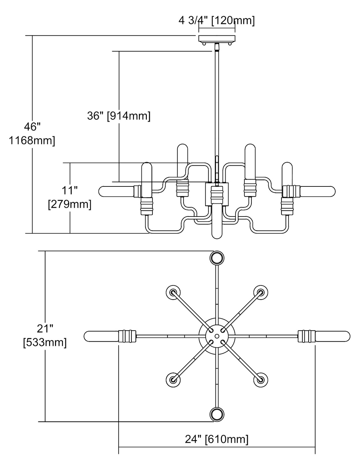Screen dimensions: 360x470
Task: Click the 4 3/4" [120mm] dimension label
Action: click(x=217, y=21)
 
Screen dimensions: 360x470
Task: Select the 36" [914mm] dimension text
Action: click(x=119, y=116)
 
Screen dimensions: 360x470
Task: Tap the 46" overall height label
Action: click(x=32, y=127)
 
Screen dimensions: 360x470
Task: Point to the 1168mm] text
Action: click(x=32, y=141)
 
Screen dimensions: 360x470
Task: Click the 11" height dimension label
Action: click(x=69, y=190)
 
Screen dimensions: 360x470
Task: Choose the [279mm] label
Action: click(x=69, y=204)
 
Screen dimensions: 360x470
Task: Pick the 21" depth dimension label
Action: click(x=45, y=329)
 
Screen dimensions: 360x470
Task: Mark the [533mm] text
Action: click(x=45, y=342)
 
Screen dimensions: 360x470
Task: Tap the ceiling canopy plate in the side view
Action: click(x=217, y=39)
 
